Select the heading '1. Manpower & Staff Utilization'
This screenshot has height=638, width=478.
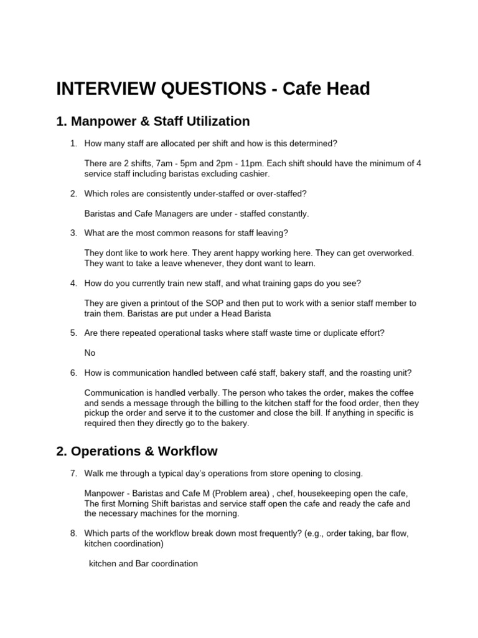(x=152, y=121)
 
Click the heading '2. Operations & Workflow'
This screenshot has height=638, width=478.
(x=136, y=451)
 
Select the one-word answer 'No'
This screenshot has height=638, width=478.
(x=90, y=353)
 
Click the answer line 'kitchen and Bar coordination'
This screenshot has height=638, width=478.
(x=143, y=564)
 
